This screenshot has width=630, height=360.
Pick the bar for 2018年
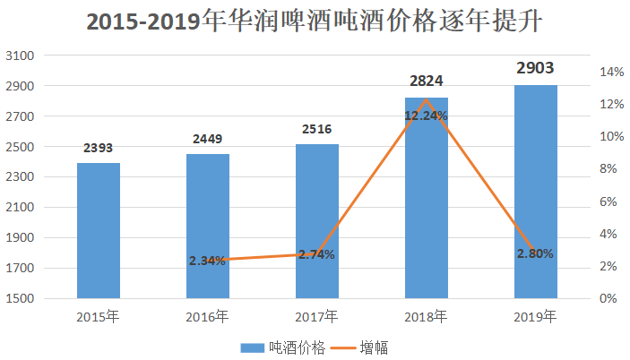click(427, 206)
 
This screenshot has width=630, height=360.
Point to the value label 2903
click(535, 68)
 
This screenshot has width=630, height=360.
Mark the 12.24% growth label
click(426, 116)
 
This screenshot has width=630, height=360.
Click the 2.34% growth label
click(207, 261)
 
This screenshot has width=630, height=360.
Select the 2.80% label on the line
click(535, 253)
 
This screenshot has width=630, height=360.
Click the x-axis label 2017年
click(317, 317)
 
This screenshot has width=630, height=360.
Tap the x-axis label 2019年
click(536, 317)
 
